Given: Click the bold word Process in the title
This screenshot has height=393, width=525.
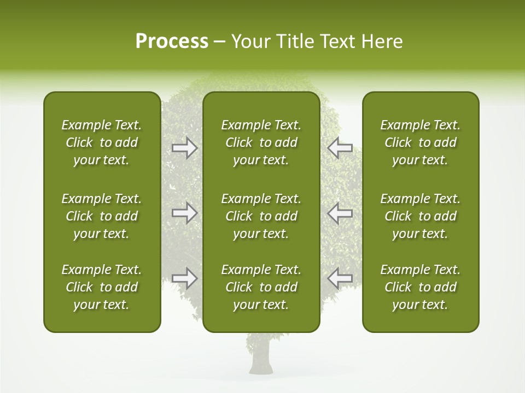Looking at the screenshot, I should tap(172, 41).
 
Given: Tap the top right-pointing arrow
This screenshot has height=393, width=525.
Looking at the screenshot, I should tap(185, 148).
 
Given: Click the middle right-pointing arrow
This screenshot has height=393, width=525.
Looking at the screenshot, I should tap(185, 213).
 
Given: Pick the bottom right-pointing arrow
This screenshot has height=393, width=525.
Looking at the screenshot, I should tap(185, 278).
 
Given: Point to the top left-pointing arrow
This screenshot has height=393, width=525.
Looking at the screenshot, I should tap(340, 148).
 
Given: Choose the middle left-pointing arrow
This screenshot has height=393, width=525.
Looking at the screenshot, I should tap(340, 213).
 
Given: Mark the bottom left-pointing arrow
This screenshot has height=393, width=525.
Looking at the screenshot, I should tap(340, 278).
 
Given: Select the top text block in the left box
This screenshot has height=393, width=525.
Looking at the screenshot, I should tap(102, 142).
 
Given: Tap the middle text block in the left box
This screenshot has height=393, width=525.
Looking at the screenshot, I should tap(102, 216).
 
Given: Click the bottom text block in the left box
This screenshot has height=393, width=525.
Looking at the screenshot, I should tap(102, 287).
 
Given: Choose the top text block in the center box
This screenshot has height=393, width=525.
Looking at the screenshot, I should tap(261, 142).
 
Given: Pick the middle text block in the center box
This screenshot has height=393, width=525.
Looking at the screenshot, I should tap(261, 216).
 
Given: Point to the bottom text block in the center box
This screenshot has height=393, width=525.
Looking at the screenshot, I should tap(261, 287).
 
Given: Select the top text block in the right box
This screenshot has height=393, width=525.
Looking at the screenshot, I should tap(420, 142).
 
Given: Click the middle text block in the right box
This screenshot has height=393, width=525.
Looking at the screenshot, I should tap(420, 216).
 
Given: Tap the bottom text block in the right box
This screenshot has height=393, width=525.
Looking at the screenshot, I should tap(420, 287).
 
